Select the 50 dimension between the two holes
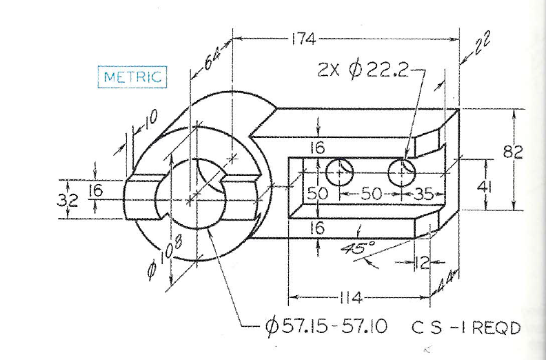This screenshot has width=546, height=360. click(x=371, y=194)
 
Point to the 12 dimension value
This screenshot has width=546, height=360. click(x=421, y=262)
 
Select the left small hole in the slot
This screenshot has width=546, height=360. click(x=340, y=172)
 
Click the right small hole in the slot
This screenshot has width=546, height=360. click(x=402, y=172)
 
